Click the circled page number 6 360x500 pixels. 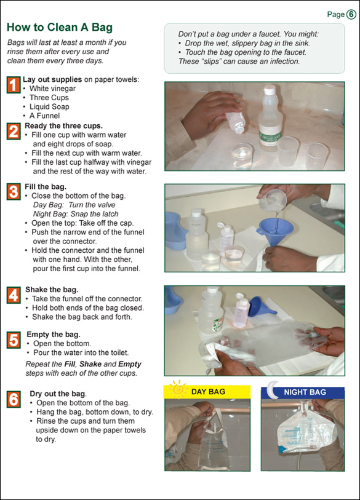click(351, 14)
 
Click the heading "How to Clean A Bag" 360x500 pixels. click(60, 27)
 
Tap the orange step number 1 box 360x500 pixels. click(14, 85)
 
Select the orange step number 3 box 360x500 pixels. click(14, 192)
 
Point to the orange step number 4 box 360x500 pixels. click(14, 295)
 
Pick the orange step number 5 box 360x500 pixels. click(14, 340)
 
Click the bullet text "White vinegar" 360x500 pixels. click(53, 89)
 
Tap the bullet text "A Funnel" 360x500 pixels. click(45, 116)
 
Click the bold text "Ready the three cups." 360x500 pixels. click(64, 125)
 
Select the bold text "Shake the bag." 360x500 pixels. click(52, 290)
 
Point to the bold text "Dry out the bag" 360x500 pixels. click(58, 394)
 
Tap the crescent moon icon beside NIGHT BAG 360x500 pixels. click(272, 389)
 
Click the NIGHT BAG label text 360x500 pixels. click(305, 392)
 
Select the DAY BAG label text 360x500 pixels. click(208, 392)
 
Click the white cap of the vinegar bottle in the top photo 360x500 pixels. click(270, 90)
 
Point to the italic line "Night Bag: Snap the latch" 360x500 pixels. click(76, 214)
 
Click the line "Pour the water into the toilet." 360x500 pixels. click(81, 352)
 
